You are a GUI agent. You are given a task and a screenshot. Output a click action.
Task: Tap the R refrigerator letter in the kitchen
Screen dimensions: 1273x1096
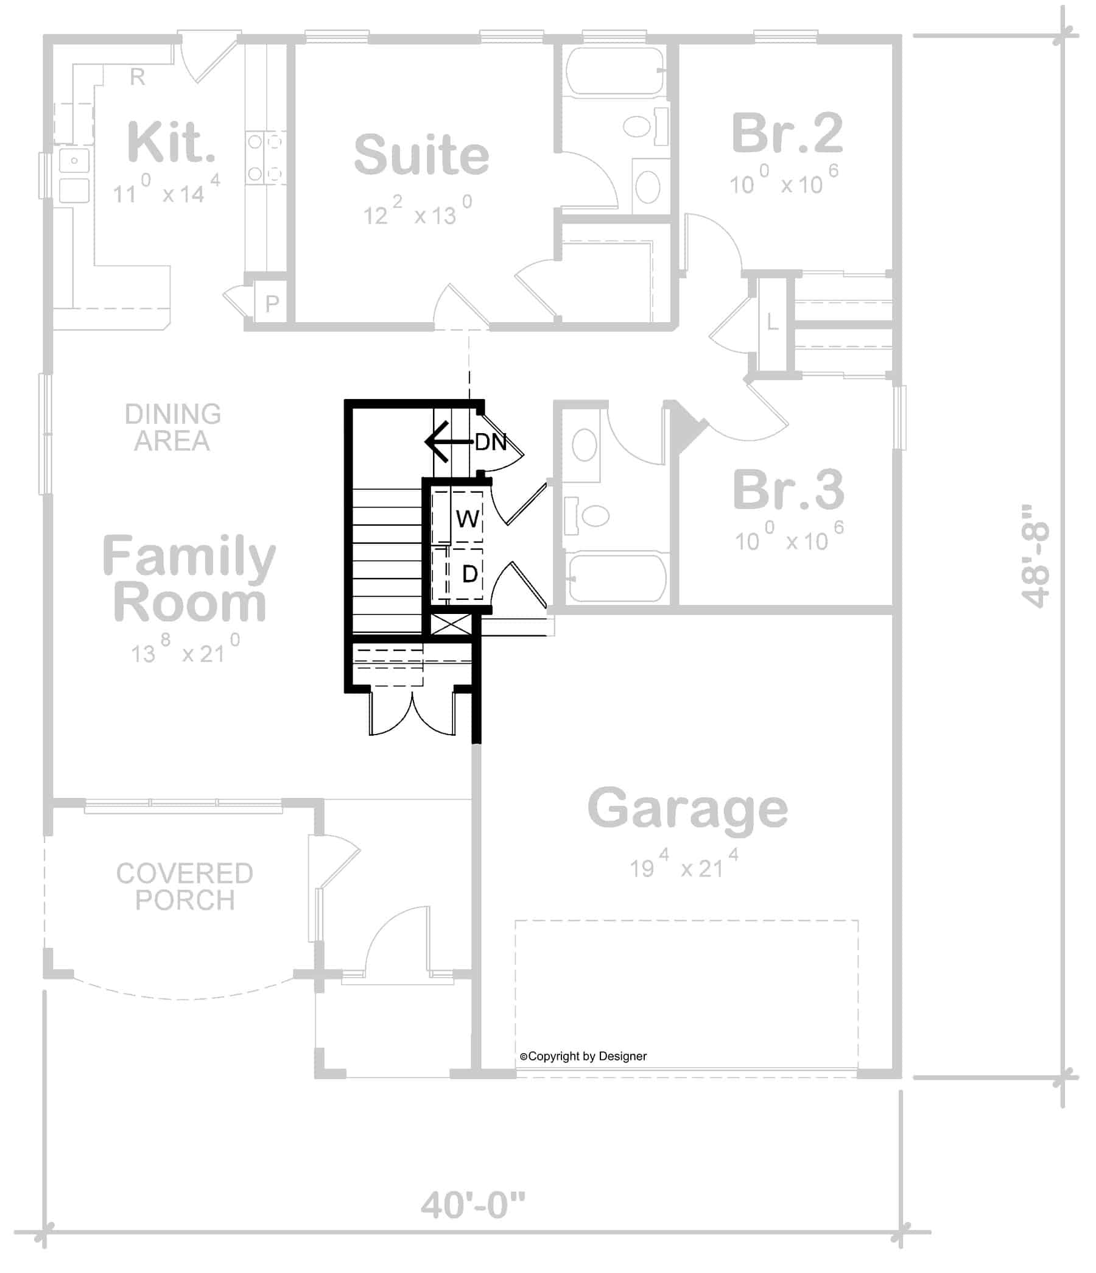pos(138,77)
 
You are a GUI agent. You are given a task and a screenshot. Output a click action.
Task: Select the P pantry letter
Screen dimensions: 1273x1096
pos(272,303)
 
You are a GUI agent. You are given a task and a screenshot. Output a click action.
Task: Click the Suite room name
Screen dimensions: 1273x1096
pos(421,155)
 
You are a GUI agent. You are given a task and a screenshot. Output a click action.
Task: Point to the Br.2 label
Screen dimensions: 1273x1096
pos(787,133)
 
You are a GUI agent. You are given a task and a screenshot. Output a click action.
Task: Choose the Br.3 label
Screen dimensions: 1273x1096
pos(789,490)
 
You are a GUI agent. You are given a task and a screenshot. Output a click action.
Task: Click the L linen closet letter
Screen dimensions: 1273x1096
pos(772,322)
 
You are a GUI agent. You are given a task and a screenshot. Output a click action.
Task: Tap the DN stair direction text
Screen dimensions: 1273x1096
pos(490,442)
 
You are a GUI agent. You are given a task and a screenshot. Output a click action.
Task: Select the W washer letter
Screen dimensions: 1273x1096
pos(468,519)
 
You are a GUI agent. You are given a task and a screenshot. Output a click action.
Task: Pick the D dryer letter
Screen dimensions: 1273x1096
pos(469,574)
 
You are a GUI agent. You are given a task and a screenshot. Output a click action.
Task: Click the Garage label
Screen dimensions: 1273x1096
pos(687,808)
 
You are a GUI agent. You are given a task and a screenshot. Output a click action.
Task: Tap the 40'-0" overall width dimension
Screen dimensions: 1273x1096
pos(473,1205)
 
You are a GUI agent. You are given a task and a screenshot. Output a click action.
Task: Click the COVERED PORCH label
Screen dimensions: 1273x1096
pos(184,887)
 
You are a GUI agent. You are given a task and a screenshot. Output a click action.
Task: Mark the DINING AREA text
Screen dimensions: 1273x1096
pos(173,428)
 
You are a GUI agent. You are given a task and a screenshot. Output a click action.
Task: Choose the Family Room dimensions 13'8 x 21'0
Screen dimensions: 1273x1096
pos(185,651)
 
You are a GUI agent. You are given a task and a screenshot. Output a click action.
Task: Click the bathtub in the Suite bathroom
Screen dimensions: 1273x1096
pos(614,71)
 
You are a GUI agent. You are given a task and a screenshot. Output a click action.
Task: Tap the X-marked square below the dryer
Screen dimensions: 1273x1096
pos(452,626)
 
